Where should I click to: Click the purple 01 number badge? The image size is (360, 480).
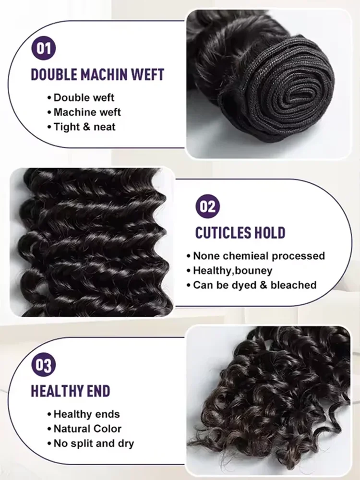[x=44, y=49]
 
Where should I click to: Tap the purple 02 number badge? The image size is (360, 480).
[x=208, y=207]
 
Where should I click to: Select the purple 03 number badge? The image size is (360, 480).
[x=44, y=365]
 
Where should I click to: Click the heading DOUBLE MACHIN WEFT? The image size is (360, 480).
[x=97, y=75]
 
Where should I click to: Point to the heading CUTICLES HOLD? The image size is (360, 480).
[x=240, y=233]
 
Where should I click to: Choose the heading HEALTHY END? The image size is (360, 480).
[x=71, y=391]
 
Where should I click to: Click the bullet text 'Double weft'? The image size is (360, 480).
[x=84, y=98]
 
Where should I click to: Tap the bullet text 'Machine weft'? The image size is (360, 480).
[x=87, y=112]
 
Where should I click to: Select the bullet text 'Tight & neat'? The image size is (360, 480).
[x=84, y=127]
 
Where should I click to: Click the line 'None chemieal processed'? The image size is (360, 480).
[x=259, y=256]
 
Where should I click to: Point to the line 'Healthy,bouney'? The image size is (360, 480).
[x=232, y=270]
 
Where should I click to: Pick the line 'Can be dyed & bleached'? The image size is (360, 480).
[x=254, y=285]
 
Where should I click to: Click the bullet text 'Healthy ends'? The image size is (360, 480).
[x=86, y=414]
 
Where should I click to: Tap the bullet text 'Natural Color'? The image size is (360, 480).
[x=87, y=428]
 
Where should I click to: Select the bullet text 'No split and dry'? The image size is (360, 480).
[x=94, y=443]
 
